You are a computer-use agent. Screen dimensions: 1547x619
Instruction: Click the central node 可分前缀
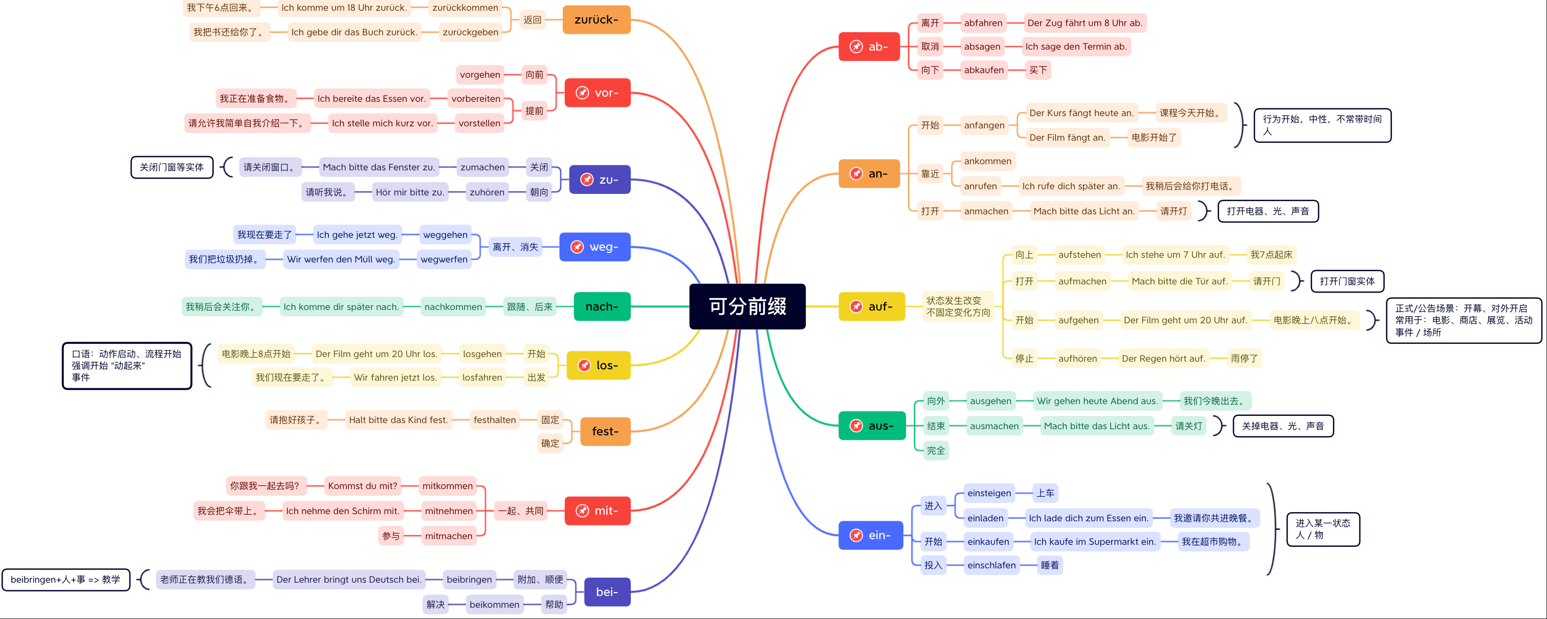pyautogui.click(x=747, y=306)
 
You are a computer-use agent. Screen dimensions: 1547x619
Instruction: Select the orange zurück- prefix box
pyautogui.click(x=596, y=20)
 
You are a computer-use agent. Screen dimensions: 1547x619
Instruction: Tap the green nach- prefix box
pyautogui.click(x=602, y=307)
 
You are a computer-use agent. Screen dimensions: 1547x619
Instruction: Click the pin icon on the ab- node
pyautogui.click(x=856, y=47)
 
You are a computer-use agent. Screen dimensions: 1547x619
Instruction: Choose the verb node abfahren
pyautogui.click(x=983, y=23)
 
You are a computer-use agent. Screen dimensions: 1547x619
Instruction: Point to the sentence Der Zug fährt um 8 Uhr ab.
pyautogui.click(x=1085, y=23)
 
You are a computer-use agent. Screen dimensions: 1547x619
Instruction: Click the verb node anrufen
pyautogui.click(x=980, y=186)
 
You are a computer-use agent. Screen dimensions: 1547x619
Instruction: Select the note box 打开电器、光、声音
pyautogui.click(x=1268, y=211)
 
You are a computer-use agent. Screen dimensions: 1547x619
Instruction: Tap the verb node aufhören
pyautogui.click(x=1077, y=359)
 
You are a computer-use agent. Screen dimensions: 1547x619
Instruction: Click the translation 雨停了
pyautogui.click(x=1244, y=359)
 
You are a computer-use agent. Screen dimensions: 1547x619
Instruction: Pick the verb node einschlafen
pyautogui.click(x=991, y=565)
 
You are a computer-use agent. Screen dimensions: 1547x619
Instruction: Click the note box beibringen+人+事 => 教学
pyautogui.click(x=65, y=580)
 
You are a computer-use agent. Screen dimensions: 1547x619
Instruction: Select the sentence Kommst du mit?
pyautogui.click(x=362, y=485)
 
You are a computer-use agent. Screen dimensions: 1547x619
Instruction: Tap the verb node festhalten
pyautogui.click(x=494, y=419)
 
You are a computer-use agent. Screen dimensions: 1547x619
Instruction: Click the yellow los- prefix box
pyautogui.click(x=599, y=365)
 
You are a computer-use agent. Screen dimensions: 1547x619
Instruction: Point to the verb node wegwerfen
pyautogui.click(x=444, y=259)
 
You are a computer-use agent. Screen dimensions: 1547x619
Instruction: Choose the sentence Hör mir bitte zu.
pyautogui.click(x=410, y=192)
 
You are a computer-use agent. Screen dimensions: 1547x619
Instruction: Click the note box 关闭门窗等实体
pyautogui.click(x=172, y=167)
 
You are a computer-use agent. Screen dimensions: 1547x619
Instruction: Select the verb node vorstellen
pyautogui.click(x=479, y=123)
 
